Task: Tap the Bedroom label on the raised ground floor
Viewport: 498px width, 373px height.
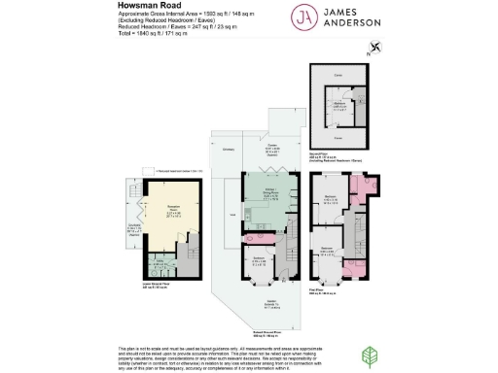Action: pyautogui.click(x=259, y=259)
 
